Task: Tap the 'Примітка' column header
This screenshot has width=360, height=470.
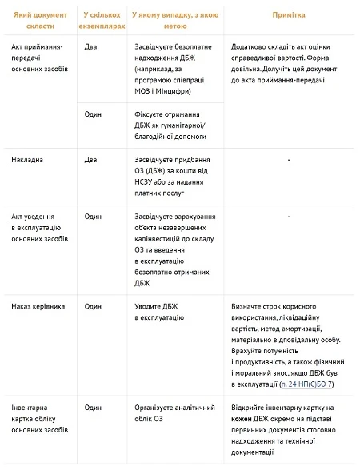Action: pyautogui.click(x=287, y=15)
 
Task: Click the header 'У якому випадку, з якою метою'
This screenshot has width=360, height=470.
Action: pyautogui.click(x=171, y=20)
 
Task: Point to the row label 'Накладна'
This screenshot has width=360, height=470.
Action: pyautogui.click(x=28, y=159)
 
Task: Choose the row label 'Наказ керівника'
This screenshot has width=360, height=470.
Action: pyautogui.click(x=38, y=306)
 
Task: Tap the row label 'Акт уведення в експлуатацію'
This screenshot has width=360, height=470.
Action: pyautogui.click(x=40, y=227)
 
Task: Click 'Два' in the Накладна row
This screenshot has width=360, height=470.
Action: pyautogui.click(x=92, y=159)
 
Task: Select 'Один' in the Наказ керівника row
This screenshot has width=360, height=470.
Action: pyautogui.click(x=94, y=306)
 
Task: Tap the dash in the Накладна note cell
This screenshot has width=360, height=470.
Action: pyautogui.click(x=287, y=159)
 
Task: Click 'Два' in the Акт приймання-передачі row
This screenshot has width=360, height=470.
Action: pyautogui.click(x=92, y=47)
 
